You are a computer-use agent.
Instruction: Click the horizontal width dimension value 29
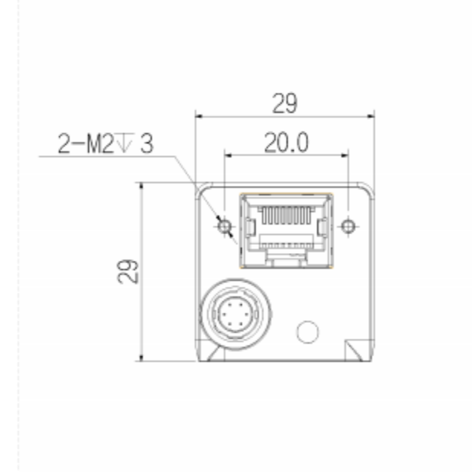click(284, 103)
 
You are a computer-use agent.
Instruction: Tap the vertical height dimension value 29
click(127, 271)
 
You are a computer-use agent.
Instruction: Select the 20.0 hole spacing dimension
click(286, 142)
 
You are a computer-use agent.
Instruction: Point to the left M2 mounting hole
click(225, 226)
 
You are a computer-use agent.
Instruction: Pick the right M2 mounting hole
click(348, 226)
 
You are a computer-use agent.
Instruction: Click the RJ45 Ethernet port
click(286, 231)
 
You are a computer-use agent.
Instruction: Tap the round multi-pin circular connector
click(235, 314)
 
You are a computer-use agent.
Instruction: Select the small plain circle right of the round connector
click(307, 332)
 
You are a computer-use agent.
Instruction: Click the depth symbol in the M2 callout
click(124, 142)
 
